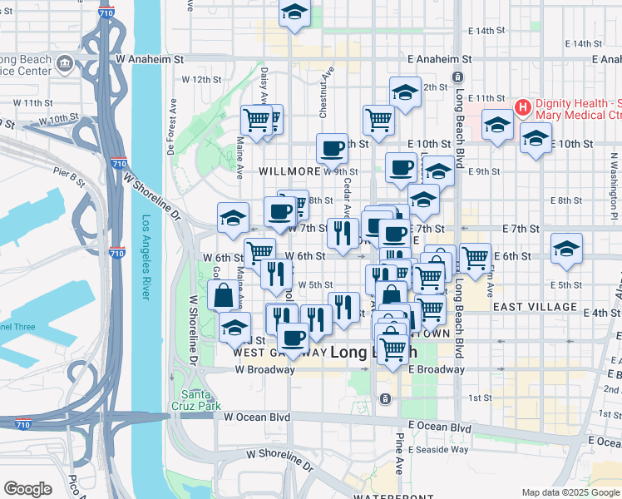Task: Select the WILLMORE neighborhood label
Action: (x=289, y=170)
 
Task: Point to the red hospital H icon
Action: (x=523, y=107)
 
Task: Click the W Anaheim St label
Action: (x=150, y=59)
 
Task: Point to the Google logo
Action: (x=27, y=489)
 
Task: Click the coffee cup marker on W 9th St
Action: (x=332, y=149)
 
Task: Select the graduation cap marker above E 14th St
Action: (x=294, y=12)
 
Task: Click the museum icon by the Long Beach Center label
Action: (x=63, y=62)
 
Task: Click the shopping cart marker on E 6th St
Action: (x=475, y=257)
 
